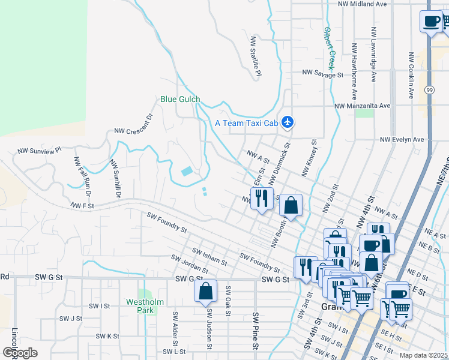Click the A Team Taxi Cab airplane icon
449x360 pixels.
click(x=288, y=122)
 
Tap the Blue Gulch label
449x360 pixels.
click(x=180, y=99)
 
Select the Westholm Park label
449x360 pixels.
click(x=141, y=306)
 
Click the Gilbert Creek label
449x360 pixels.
click(x=330, y=48)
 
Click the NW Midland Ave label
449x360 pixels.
click(x=362, y=4)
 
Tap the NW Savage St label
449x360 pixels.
click(x=322, y=73)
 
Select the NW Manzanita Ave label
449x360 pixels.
click(x=363, y=106)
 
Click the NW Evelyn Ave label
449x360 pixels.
click(x=402, y=139)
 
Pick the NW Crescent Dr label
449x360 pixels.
click(x=134, y=124)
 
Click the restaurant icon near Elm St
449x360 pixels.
click(x=262, y=197)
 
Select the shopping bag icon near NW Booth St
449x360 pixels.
click(x=291, y=205)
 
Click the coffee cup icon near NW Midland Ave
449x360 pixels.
click(x=430, y=22)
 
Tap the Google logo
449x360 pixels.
click(x=20, y=353)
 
